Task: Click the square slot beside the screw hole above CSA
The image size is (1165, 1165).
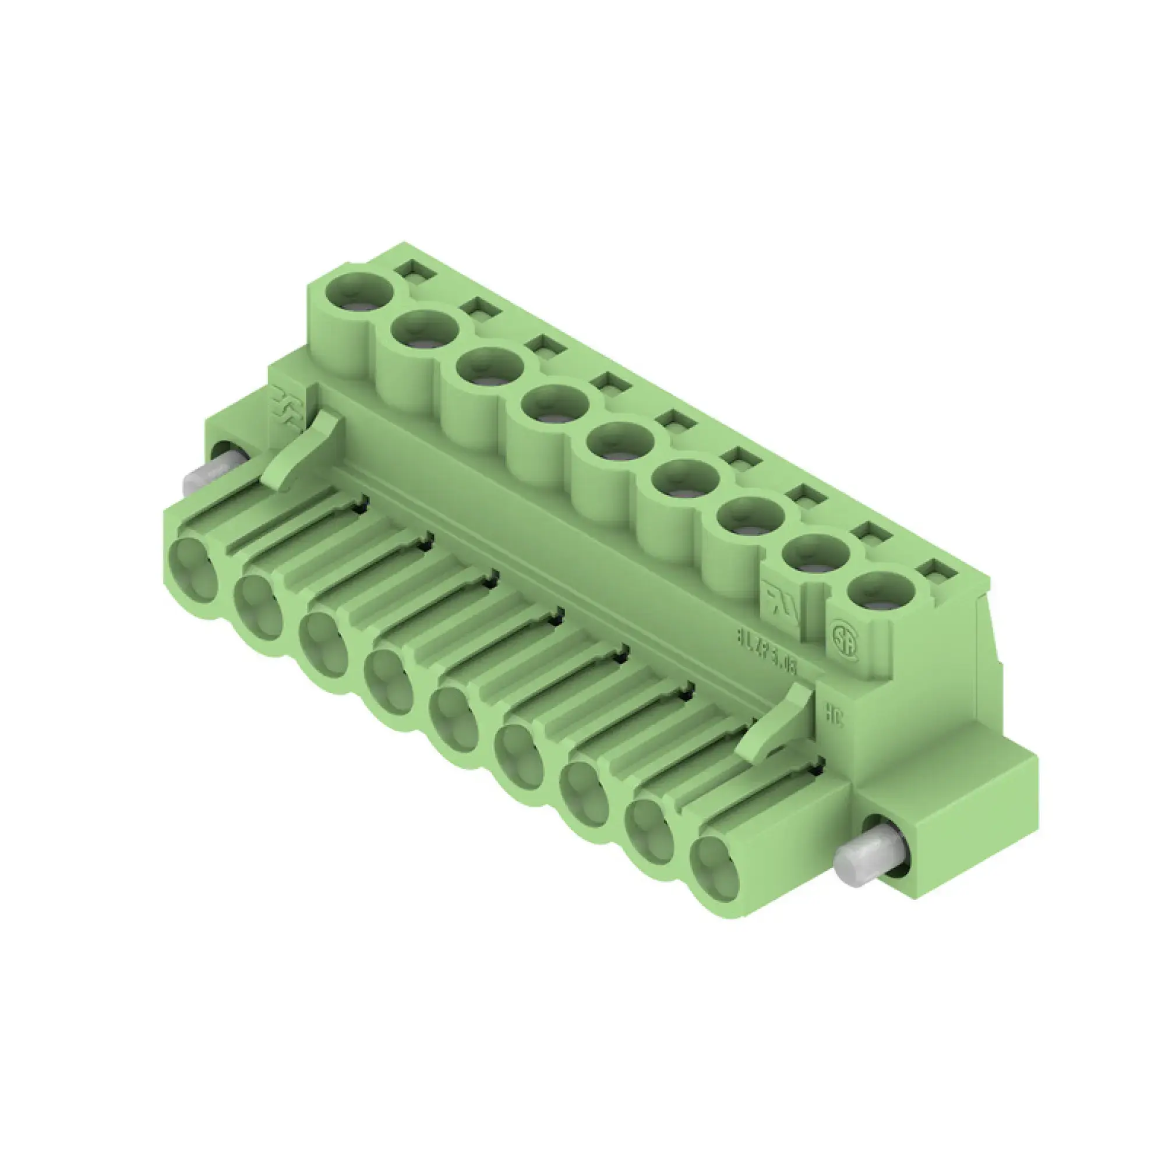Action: point(941,569)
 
